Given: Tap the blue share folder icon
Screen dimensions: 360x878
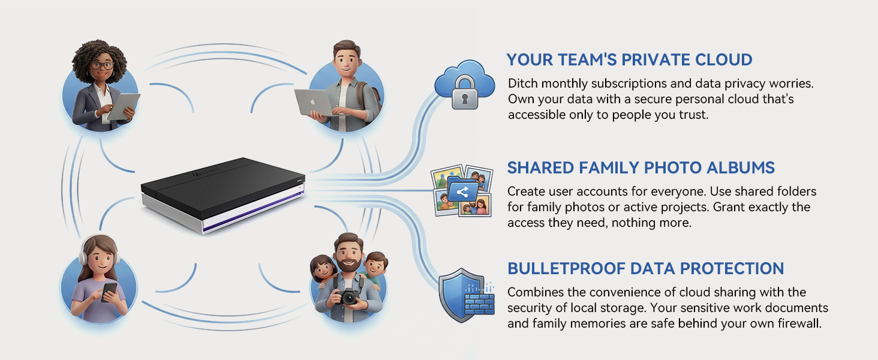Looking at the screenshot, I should (461, 192).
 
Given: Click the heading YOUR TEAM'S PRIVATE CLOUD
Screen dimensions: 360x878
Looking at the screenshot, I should (629, 60).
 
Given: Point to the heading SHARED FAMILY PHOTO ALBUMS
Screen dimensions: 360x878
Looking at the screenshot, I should (641, 167).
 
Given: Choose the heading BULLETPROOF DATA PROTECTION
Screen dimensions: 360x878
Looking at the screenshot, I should (645, 268).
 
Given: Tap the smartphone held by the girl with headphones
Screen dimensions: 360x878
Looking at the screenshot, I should (109, 292).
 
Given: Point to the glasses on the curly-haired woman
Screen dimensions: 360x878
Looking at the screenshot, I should (101, 65).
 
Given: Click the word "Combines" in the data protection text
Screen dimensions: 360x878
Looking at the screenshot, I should (534, 292).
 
